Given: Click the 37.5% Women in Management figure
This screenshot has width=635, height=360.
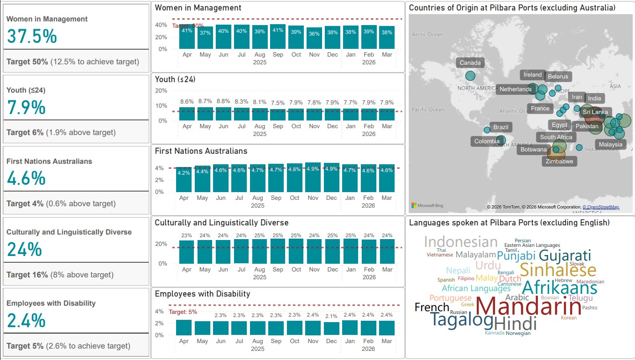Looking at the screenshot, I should (x=32, y=36).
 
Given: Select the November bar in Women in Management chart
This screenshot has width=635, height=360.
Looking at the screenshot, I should (x=314, y=38).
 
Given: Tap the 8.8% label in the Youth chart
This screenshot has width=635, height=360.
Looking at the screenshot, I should (x=223, y=101).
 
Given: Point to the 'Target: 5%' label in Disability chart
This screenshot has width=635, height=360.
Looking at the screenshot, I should (x=183, y=312).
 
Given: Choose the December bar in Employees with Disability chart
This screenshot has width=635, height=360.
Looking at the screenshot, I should (x=332, y=329).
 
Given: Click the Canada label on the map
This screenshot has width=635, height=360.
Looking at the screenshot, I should (x=470, y=63).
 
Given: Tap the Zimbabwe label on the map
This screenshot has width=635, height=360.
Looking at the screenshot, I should (x=559, y=161).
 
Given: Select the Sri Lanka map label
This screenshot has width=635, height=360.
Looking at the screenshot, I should (x=595, y=112).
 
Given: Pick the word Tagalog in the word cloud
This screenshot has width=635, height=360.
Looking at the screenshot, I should (x=462, y=320).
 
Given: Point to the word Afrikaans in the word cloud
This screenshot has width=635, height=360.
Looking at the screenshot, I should (x=559, y=288).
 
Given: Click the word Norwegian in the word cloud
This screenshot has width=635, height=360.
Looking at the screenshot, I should (x=518, y=333).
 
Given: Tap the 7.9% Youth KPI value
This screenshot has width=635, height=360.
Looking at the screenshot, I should (x=26, y=107).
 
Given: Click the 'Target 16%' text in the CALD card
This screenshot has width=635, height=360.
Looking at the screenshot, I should (x=27, y=275).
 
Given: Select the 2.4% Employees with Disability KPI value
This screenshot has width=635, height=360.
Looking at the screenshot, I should (x=26, y=321).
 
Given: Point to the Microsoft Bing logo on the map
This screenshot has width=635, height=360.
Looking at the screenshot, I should (x=427, y=205).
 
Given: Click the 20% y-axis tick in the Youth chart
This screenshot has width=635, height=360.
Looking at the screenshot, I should (x=161, y=90).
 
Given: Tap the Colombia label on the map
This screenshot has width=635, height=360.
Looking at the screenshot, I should (x=487, y=141).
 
